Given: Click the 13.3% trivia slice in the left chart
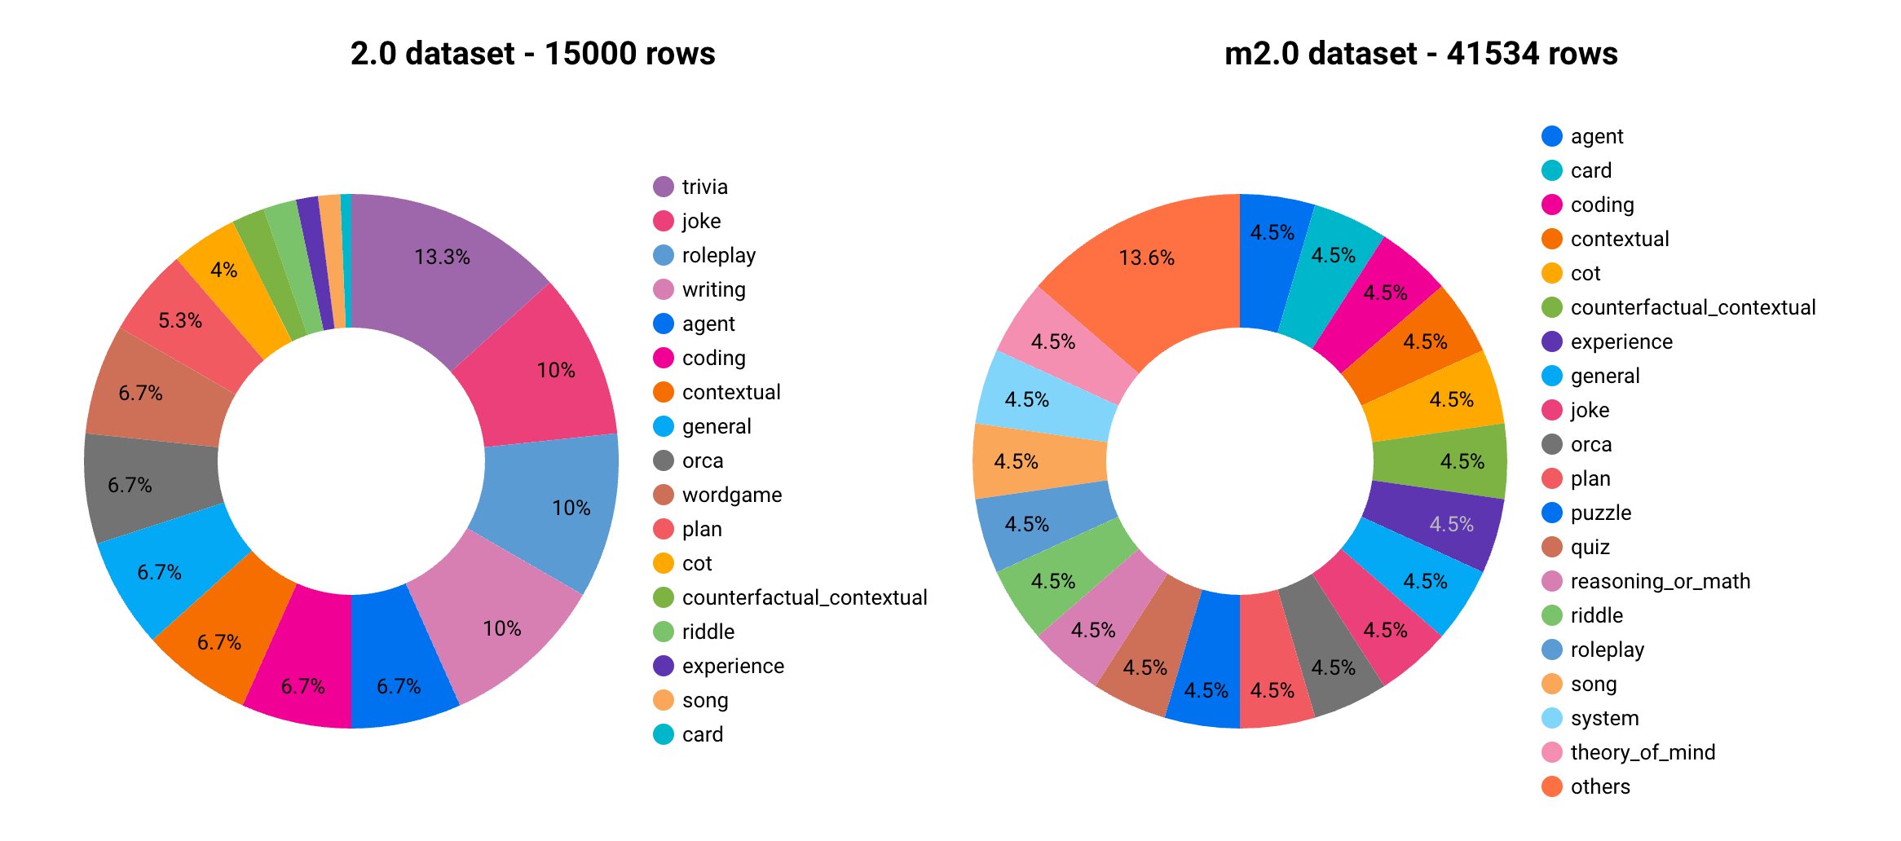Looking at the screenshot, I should pyautogui.click(x=440, y=269).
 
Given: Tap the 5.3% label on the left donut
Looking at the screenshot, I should pyautogui.click(x=180, y=320).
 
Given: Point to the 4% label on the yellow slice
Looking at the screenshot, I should pyautogui.click(x=223, y=270).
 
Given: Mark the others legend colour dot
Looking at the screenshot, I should pyautogui.click(x=1552, y=786).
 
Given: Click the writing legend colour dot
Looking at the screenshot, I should pyautogui.click(x=664, y=289).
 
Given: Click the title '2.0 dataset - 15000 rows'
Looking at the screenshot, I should pyautogui.click(x=532, y=54).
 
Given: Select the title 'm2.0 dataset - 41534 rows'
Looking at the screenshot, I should pyautogui.click(x=1421, y=54).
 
